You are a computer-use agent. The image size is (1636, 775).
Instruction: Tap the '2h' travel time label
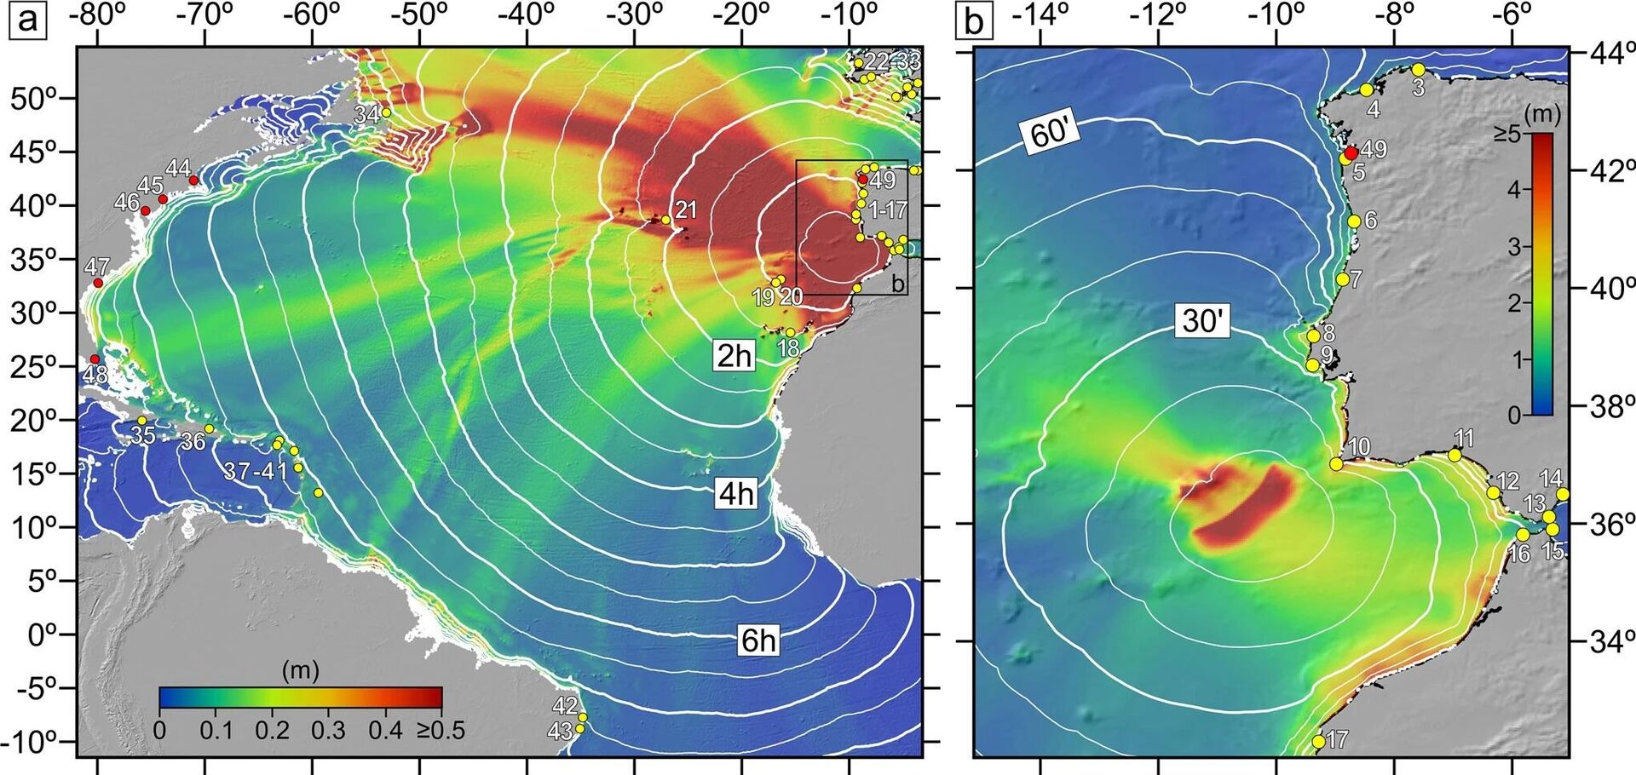pyautogui.click(x=734, y=355)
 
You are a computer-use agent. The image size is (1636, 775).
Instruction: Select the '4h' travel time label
pyautogui.click(x=735, y=493)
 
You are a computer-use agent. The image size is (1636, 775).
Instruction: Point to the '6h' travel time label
pyautogui.click(x=758, y=640)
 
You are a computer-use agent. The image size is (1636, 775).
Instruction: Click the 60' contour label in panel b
pyautogui.click(x=1053, y=135)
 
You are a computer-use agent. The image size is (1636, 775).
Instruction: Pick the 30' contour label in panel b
pyautogui.click(x=1202, y=321)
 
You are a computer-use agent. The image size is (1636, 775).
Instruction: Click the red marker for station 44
pyautogui.click(x=193, y=181)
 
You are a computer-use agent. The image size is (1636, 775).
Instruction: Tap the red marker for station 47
pyautogui.click(x=98, y=283)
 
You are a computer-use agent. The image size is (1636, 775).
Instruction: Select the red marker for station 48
pyautogui.click(x=95, y=359)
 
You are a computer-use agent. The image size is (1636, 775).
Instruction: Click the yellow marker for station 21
pyautogui.click(x=665, y=220)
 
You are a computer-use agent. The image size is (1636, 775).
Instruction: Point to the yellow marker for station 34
pyautogui.click(x=386, y=112)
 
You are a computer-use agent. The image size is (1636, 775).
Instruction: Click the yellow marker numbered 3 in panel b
pyautogui.click(x=1418, y=70)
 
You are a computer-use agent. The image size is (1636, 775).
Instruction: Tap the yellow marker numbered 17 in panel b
pyautogui.click(x=1318, y=741)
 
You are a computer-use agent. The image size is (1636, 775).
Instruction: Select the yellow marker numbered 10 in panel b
pyautogui.click(x=1335, y=464)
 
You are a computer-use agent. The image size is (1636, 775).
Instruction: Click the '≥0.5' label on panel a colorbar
pyautogui.click(x=440, y=730)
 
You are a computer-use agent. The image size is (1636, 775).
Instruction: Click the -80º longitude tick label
pyautogui.click(x=96, y=15)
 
